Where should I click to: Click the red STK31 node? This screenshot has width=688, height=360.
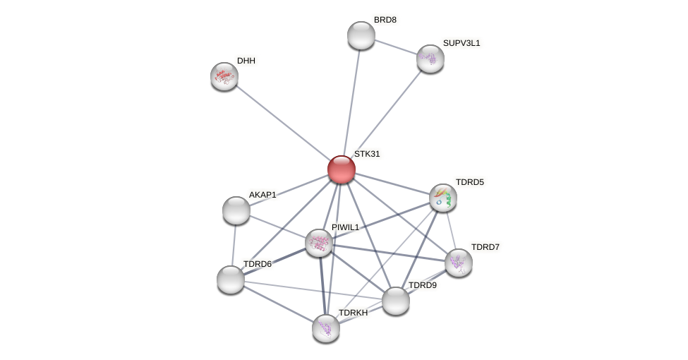[x=341, y=169]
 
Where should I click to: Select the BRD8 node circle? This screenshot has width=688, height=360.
[x=361, y=35]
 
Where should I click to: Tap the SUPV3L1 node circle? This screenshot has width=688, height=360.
[x=430, y=59]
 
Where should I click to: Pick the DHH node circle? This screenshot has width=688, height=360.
[x=224, y=76]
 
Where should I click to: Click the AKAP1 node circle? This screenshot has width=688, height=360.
[x=236, y=210]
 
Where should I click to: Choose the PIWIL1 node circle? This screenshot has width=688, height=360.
[x=319, y=243]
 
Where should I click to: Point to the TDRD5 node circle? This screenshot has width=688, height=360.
[x=443, y=198]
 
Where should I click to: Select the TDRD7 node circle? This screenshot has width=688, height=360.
[x=459, y=263]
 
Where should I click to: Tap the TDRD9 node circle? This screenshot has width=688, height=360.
[x=396, y=301]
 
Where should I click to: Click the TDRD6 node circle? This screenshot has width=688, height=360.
[x=231, y=280]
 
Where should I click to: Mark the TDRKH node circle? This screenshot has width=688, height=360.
[x=326, y=328]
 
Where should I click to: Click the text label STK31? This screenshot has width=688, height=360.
[x=367, y=154]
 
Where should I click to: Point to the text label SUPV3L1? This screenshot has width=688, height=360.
[x=461, y=43]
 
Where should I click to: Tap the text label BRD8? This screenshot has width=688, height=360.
[x=385, y=20]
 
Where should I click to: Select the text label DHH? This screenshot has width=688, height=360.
[x=246, y=61]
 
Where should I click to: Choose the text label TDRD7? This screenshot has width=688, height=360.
[x=485, y=247]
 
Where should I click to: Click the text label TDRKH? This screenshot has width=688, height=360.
[x=353, y=313]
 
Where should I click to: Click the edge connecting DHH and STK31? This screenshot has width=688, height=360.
[x=282, y=123]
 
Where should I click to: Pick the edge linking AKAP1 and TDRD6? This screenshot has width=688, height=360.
[x=234, y=245]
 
